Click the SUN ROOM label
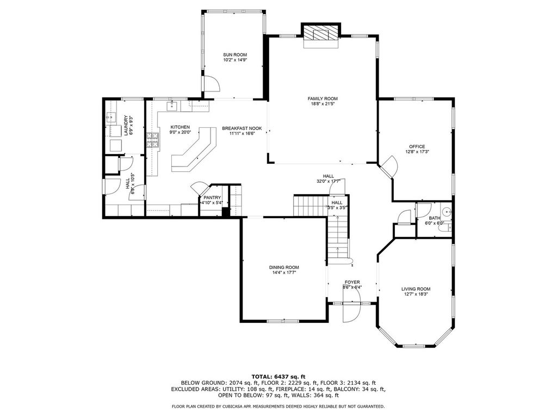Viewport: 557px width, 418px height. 235,55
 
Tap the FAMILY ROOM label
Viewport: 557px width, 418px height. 323,99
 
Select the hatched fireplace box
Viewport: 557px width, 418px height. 321,34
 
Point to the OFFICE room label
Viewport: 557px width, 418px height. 417,146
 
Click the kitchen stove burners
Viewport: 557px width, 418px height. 152,140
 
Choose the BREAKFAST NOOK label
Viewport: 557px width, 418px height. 242,128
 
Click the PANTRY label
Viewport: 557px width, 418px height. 212,198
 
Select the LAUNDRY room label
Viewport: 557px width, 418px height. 126,126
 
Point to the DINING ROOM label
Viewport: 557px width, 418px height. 284,267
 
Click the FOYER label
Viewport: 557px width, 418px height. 352,282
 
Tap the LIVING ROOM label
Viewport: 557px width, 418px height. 416,289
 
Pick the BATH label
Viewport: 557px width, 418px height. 435,218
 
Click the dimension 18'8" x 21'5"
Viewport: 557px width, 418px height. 323,104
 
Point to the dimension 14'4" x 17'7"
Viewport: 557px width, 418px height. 284,273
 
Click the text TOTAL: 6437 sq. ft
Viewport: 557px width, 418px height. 278,377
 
